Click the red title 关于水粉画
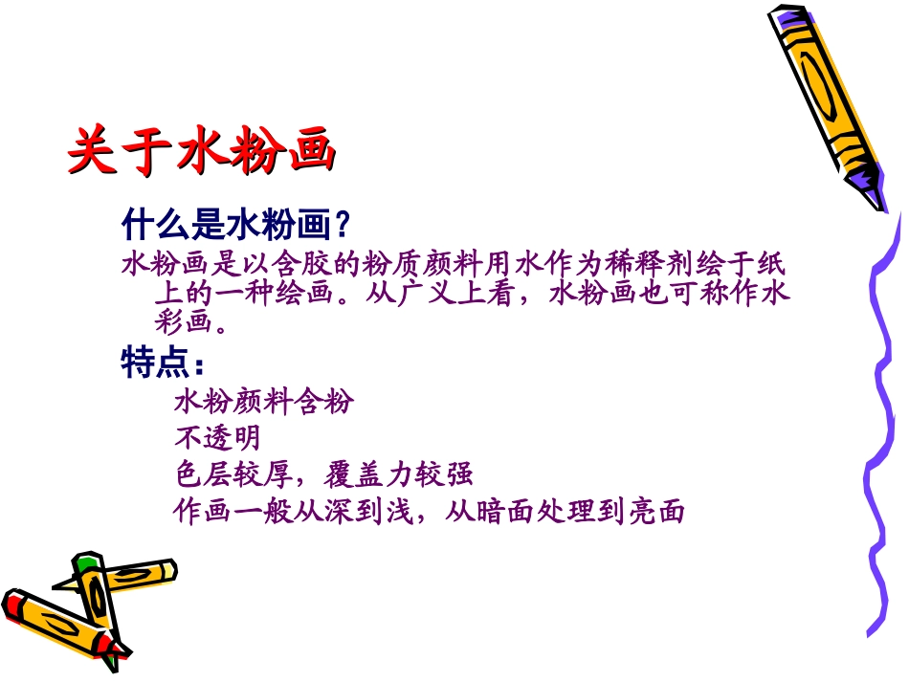pos(202,150)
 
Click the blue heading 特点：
pos(163,363)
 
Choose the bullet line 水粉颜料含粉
pos(263,402)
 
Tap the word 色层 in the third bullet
pos(202,474)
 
